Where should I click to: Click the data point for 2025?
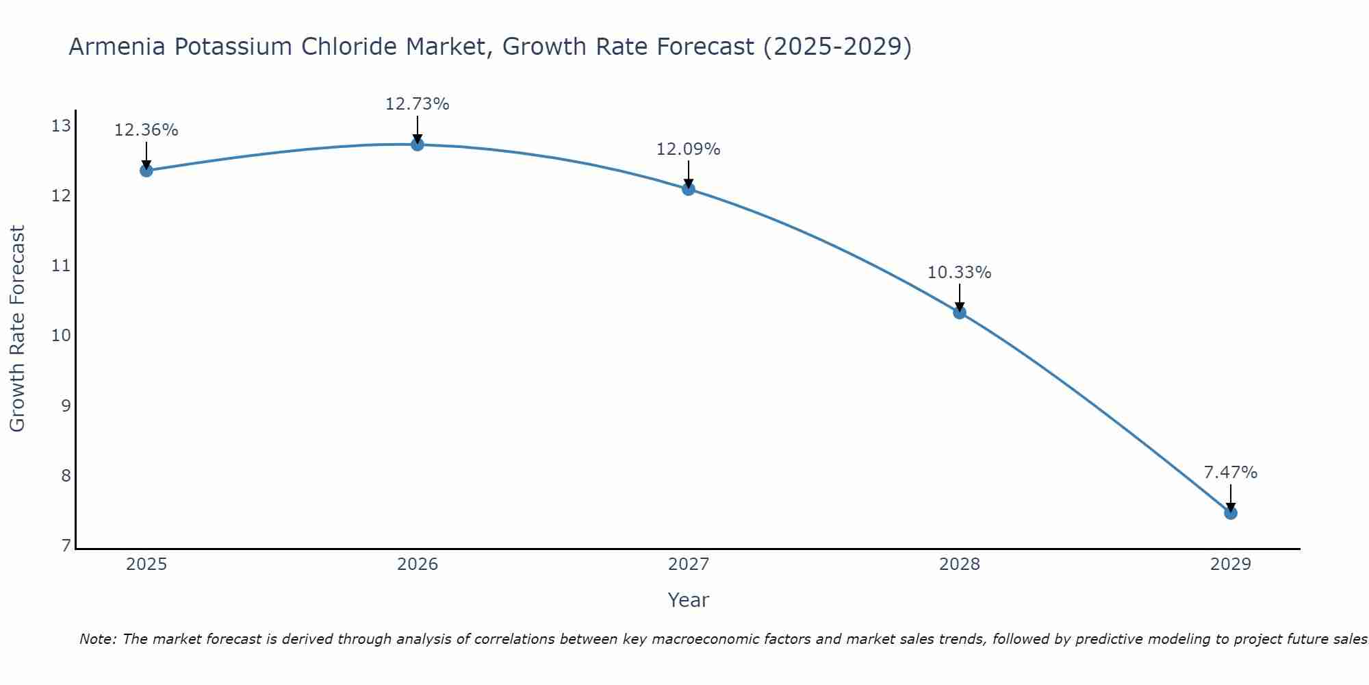(x=146, y=171)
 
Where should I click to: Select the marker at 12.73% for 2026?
(x=417, y=145)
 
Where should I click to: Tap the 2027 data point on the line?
(x=688, y=189)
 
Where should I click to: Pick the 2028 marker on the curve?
(x=959, y=312)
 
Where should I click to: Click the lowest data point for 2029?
(x=1230, y=513)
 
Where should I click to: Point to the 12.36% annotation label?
(x=146, y=130)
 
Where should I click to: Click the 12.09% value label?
(x=688, y=149)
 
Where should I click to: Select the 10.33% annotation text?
(x=959, y=272)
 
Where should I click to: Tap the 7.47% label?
(x=1230, y=473)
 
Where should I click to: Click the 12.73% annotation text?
(x=417, y=104)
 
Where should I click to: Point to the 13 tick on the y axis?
(x=61, y=125)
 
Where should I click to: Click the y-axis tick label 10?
(x=61, y=336)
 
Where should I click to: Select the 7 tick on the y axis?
(x=66, y=545)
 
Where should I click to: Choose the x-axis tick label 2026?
(x=418, y=564)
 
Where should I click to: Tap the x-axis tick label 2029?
(x=1230, y=564)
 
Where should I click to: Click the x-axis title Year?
(x=688, y=600)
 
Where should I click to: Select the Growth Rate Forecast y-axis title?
(x=18, y=329)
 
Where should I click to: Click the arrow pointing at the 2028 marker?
(x=959, y=297)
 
